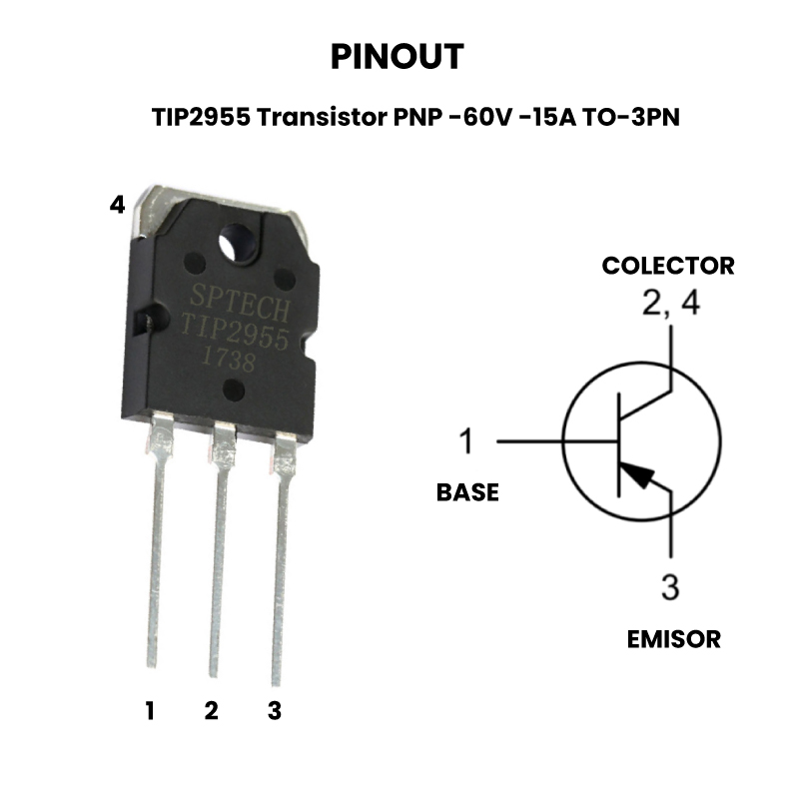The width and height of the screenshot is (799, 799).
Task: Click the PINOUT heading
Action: coord(397,57)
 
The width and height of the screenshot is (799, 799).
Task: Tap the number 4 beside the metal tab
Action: coord(118,205)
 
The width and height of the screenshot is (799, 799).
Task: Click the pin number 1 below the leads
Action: coord(150,711)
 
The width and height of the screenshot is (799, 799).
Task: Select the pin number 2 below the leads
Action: coord(211,711)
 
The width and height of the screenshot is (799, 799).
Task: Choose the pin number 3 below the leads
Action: coord(275,711)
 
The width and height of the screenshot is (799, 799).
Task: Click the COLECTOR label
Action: coord(667,266)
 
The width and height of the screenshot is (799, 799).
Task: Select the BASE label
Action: coord(467,492)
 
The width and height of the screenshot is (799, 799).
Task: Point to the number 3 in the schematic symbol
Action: coord(670,587)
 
